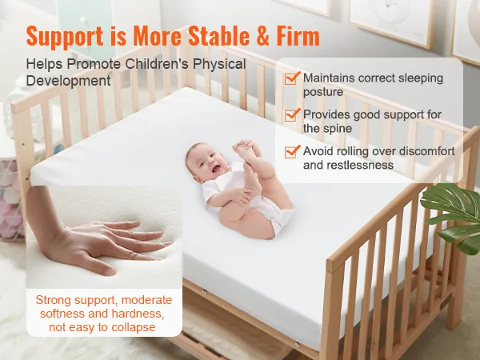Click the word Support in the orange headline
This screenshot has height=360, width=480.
(x=65, y=37)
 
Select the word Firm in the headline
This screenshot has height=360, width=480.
(x=298, y=36)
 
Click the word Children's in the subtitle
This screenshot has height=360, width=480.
(x=157, y=64)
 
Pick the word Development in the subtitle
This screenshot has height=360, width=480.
(x=68, y=81)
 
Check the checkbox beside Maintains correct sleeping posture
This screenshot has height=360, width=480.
(x=291, y=78)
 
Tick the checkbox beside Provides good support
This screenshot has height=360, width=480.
(x=291, y=114)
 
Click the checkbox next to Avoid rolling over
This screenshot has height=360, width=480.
(x=291, y=151)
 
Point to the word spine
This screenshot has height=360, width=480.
(x=338, y=129)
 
